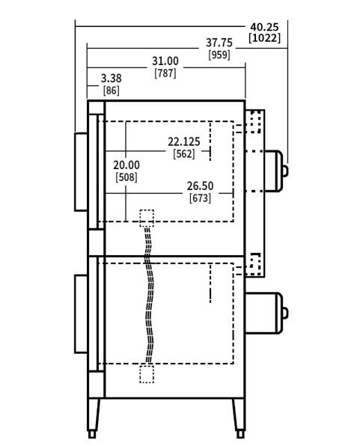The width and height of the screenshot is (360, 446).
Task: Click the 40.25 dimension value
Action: coord(264,27)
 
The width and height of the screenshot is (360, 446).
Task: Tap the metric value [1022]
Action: coord(264,38)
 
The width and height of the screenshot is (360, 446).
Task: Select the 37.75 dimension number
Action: coord(219,43)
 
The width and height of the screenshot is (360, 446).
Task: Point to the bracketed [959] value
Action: coord(219,55)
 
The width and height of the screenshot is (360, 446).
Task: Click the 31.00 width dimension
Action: coord(165,61)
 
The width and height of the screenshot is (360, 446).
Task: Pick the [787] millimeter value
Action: coord(165,73)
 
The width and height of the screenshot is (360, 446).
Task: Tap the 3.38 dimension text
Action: coord(111,79)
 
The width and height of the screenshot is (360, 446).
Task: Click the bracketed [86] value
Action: coord(111,91)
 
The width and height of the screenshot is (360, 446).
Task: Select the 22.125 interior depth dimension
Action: coord(184,141)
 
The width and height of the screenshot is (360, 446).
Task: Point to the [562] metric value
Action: coord(184,154)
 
